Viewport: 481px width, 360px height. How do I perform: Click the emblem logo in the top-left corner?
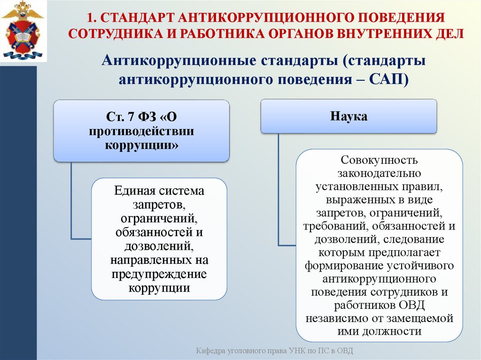click(23, 31)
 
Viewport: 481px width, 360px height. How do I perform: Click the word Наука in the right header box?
click(349, 116)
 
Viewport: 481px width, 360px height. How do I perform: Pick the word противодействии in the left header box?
click(141, 130)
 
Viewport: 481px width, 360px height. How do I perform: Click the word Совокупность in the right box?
click(379, 160)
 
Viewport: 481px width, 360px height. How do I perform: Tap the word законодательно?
click(379, 174)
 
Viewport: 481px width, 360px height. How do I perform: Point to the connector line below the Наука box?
click(279, 188)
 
